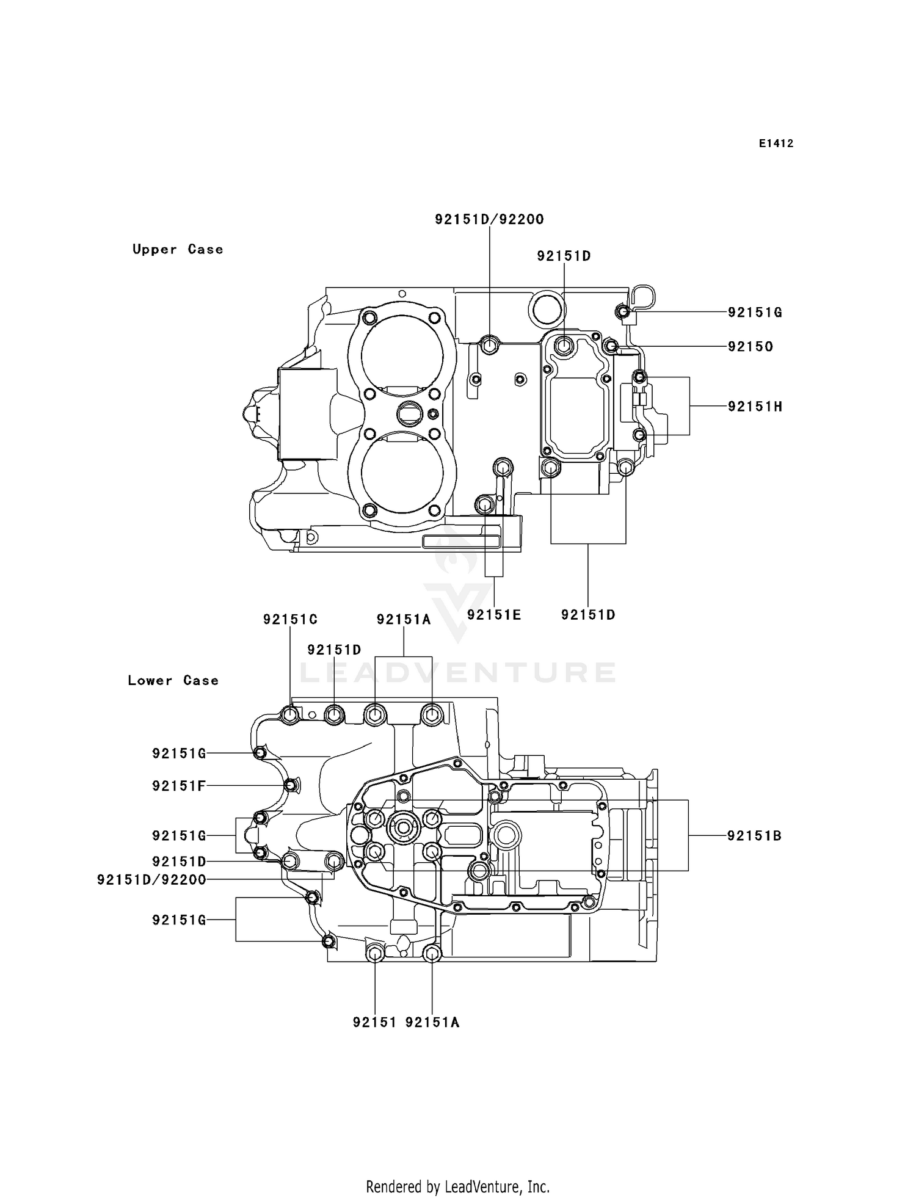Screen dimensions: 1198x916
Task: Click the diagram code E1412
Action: coord(776,143)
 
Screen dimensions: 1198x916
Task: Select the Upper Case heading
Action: coord(178,249)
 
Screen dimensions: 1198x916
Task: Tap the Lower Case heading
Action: coord(173,680)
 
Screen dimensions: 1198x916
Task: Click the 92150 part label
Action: coord(751,347)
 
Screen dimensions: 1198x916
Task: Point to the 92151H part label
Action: coord(755,407)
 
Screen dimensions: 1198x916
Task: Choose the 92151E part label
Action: coord(494,615)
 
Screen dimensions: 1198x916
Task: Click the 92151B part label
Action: coord(754,836)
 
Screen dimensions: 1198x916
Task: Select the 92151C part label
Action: coord(290,619)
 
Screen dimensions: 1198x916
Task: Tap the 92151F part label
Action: coord(178,786)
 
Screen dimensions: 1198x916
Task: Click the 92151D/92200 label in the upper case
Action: coord(489,219)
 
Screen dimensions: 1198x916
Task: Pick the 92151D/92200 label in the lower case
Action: coord(151,880)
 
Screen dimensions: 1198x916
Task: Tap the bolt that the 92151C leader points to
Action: coord(290,714)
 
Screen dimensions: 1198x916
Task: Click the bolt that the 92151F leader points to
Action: coord(291,785)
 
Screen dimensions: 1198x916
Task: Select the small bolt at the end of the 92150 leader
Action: coord(610,346)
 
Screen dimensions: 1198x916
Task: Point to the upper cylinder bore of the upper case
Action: coord(402,355)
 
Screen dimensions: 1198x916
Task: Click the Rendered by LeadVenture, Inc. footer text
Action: coord(457,1186)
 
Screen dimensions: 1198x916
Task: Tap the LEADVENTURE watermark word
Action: coord(457,672)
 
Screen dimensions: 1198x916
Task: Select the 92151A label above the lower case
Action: coord(404,619)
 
